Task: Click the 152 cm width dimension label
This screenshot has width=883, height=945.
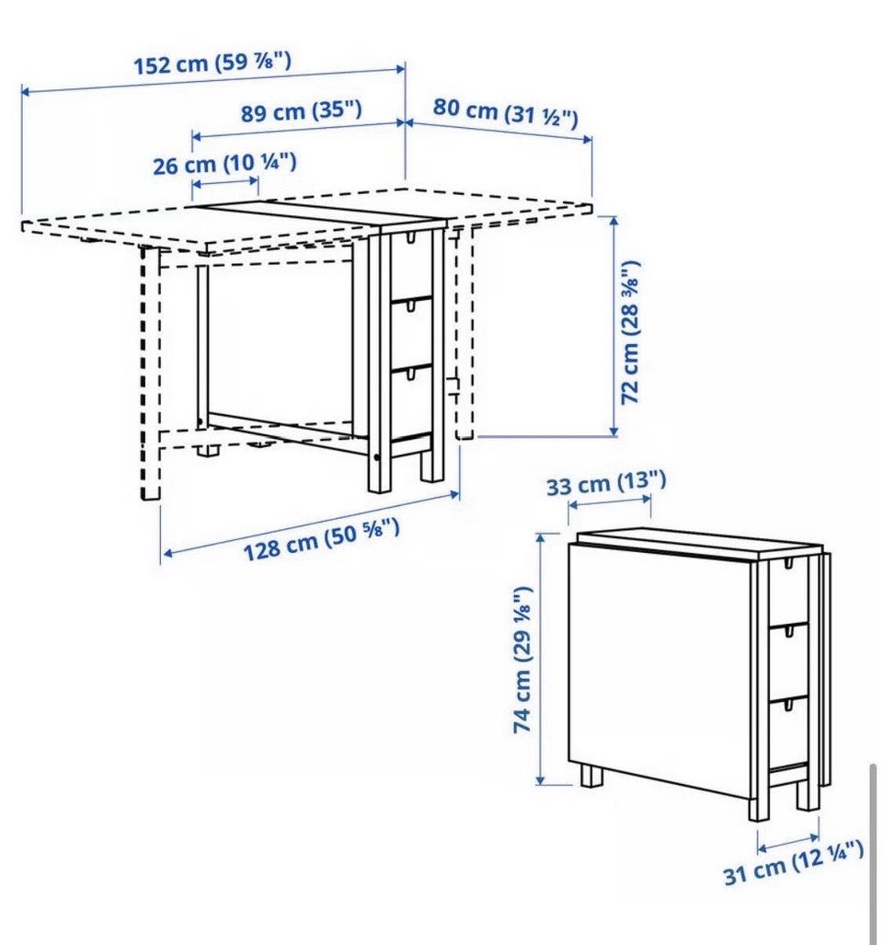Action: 212,63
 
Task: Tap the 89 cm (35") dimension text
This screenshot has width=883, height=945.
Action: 302,111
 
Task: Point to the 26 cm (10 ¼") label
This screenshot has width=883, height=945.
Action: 224,164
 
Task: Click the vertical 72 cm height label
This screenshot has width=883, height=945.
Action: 631,333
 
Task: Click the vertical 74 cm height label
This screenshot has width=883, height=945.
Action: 522,660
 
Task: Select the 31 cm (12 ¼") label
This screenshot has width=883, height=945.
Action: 793,863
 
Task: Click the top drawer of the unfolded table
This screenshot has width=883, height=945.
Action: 411,264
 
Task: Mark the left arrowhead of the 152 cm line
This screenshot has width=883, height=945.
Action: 26,91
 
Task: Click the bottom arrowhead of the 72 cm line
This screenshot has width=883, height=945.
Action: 614,431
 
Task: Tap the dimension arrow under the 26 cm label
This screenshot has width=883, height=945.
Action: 225,181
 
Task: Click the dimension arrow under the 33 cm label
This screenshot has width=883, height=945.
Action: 610,502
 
